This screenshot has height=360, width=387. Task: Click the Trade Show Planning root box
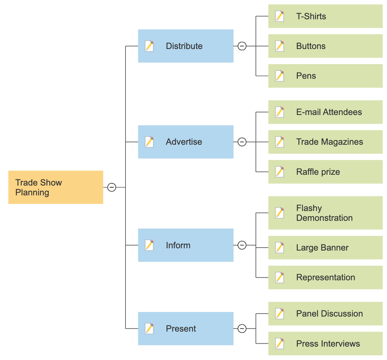click(56, 187)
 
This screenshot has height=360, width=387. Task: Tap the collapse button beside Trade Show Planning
click(112, 187)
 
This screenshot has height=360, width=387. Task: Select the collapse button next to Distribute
click(242, 46)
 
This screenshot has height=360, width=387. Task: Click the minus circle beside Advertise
click(242, 142)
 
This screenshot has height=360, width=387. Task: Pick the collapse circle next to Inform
click(242, 245)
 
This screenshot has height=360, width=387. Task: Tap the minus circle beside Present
click(242, 328)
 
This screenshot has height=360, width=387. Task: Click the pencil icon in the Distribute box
click(149, 46)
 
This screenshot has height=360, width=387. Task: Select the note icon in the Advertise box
click(149, 142)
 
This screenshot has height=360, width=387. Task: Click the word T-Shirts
click(311, 16)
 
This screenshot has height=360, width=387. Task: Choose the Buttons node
click(325, 46)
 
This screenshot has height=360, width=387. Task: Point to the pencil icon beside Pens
click(280, 76)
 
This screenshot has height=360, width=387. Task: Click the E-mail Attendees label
click(329, 112)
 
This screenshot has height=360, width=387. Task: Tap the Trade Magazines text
click(329, 142)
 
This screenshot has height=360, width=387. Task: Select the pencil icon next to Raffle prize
click(280, 172)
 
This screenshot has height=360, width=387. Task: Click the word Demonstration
click(324, 218)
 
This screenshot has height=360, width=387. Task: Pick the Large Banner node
click(325, 248)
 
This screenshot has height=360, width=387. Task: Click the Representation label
click(326, 277)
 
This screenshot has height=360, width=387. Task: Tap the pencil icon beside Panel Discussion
click(280, 314)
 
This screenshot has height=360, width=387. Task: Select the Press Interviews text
click(328, 344)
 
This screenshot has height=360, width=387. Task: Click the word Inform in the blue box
click(178, 245)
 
